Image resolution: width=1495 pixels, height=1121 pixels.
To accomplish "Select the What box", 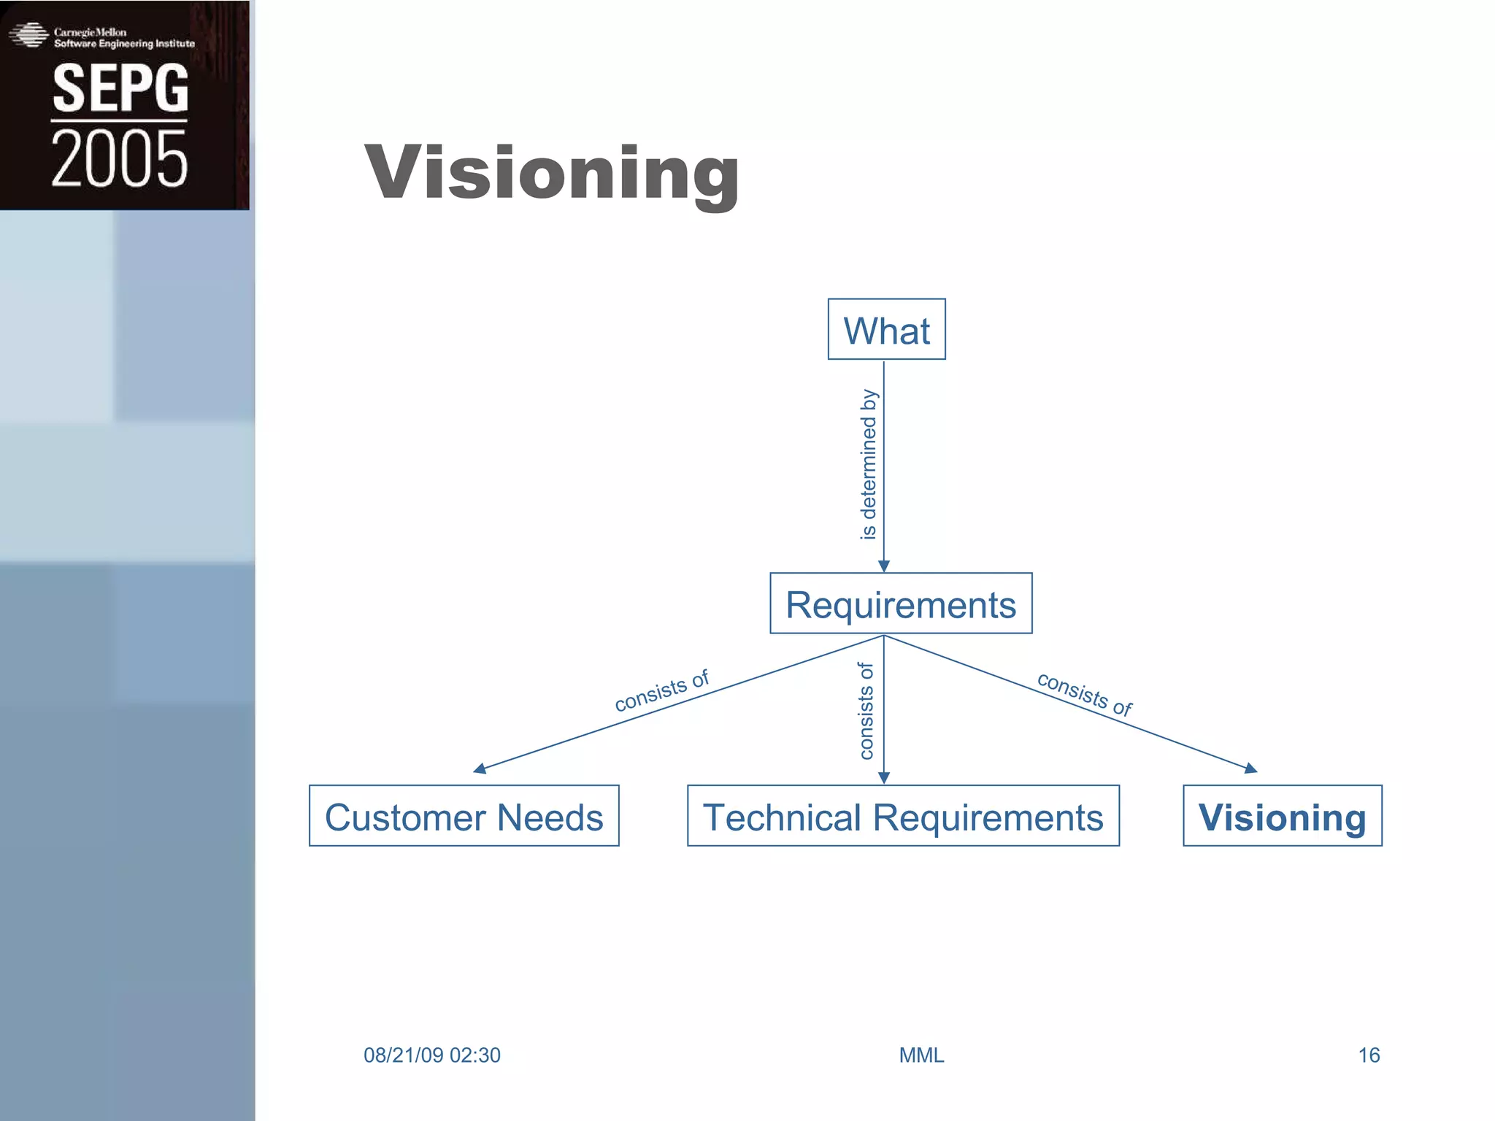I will pos(886,330).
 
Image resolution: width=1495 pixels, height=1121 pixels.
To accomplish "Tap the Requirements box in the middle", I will pos(901,604).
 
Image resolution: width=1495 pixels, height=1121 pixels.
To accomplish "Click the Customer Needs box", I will pos(464,817).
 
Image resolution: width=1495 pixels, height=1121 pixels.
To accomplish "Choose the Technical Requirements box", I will pos(903,817).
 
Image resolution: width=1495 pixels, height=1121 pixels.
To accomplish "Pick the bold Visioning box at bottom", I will pos(1282,817).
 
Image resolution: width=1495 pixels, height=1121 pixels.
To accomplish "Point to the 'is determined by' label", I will pos(868,465).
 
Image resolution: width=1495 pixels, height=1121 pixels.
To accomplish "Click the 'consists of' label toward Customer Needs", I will pos(661,690).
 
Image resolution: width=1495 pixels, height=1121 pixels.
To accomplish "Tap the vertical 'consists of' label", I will pos(866,711).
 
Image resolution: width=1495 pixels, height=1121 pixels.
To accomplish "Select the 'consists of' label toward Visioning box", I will pos(1085,694).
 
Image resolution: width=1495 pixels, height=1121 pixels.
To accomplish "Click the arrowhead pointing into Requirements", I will pos(884,566).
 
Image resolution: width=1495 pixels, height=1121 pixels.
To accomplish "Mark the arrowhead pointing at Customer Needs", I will pos(480,768).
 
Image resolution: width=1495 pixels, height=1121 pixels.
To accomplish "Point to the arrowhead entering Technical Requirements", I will pos(884,778).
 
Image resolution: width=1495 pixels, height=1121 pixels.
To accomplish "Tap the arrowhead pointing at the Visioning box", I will pos(1250,768).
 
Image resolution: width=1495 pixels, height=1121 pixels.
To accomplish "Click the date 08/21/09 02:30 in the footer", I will pos(432,1055).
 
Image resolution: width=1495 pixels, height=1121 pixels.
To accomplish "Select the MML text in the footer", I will pos(921,1055).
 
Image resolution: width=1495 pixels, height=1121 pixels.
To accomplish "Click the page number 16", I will pos(1369,1055).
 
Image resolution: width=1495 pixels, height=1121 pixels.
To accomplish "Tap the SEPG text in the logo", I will pos(120,88).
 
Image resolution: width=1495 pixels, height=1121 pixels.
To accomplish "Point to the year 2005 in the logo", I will pos(120,158).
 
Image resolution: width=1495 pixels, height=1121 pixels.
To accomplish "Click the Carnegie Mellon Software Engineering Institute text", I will pos(124,38).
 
